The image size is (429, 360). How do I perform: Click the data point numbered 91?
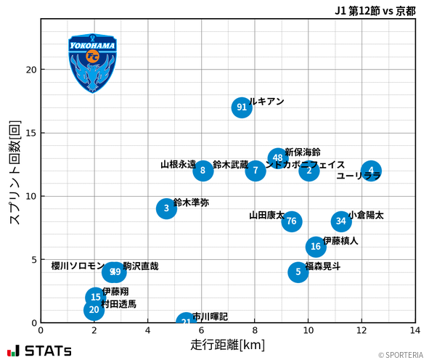coord(242,107)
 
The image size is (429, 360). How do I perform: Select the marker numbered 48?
coord(277,158)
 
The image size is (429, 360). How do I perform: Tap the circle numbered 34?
coord(341,221)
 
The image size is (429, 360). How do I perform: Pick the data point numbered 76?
coord(291,221)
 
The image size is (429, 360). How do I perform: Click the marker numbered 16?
coord(316,247)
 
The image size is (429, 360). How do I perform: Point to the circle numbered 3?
coord(166,208)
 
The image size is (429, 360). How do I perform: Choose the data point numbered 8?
coord(203,171)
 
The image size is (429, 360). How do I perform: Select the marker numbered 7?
coord(255,171)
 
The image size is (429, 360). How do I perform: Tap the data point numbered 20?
coord(93,310)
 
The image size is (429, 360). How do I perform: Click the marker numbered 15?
coord(95,298)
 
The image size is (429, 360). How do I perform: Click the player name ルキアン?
coord(266,102)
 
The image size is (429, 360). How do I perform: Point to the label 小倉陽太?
coord(366,216)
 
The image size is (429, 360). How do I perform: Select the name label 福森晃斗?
coord(323,266)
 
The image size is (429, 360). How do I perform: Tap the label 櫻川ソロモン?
coord(78,266)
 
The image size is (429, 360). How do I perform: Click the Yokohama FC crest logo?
coord(92,63)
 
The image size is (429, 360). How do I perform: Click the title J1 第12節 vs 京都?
coord(375,10)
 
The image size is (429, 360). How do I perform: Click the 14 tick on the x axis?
coord(415,330)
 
